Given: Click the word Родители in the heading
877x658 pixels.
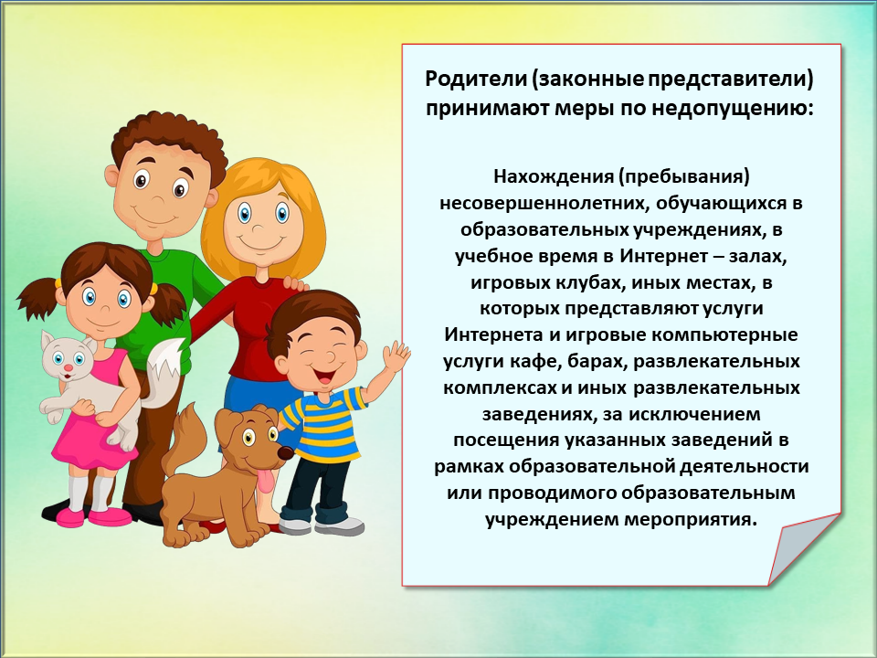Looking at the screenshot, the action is pos(475,79).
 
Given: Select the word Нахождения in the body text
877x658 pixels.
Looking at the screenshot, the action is pos(553,176).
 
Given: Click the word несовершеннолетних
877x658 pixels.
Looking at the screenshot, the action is pos(542,203).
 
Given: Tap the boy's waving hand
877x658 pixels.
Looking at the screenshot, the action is pos(396,356).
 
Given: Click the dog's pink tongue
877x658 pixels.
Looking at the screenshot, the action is pos(266,480).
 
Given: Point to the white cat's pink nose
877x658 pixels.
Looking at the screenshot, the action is pos(68,368).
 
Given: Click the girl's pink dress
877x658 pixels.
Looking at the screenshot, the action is pos(92,425).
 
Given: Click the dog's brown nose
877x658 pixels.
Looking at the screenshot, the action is pos(285,452).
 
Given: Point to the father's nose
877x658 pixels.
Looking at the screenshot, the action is pos(160,197).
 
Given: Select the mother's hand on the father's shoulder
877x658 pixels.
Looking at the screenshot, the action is pos(295,283).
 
